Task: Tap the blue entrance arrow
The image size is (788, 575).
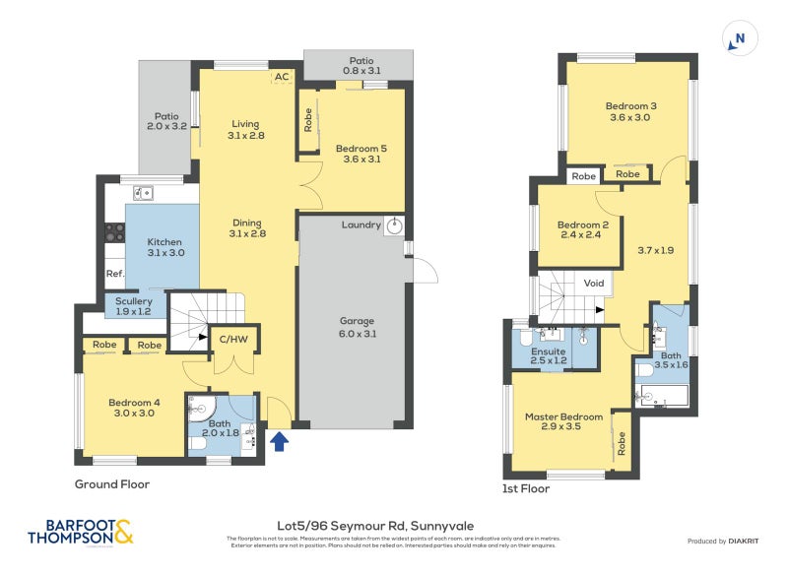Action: [x=280, y=441]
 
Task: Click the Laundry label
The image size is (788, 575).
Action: [x=361, y=225]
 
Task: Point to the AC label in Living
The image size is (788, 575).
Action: [x=282, y=77]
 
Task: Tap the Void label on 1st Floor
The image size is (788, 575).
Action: [x=594, y=283]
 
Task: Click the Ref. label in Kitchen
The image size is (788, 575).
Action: [x=114, y=274]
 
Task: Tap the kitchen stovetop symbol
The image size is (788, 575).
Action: [x=114, y=233]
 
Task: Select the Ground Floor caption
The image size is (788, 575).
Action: [x=112, y=484]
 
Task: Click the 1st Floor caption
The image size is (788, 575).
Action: [x=525, y=488]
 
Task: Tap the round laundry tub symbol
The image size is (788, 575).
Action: [x=394, y=225]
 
